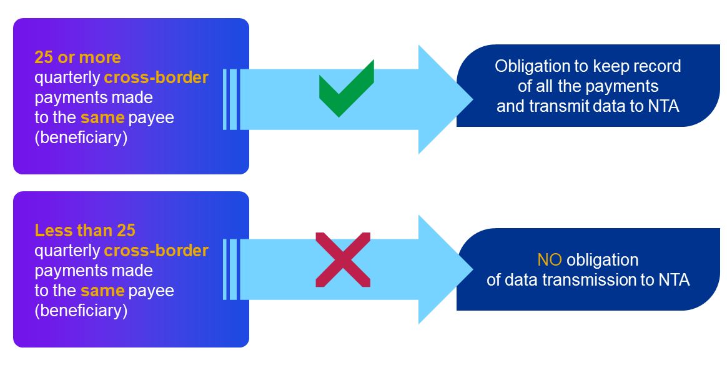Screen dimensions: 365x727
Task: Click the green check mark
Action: pyautogui.click(x=345, y=89)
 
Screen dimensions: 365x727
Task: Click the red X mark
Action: pyautogui.click(x=343, y=259)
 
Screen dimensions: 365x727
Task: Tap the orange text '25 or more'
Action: pyautogui.click(x=77, y=57)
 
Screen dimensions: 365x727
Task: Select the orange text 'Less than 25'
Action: pyautogui.click(x=85, y=230)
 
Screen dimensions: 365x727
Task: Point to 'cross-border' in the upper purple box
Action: pyautogui.click(x=156, y=77)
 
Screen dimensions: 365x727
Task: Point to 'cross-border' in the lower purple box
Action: pyautogui.click(x=156, y=251)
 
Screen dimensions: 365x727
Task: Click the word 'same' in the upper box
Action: pyautogui.click(x=102, y=117)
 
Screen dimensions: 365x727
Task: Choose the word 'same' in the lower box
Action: pyautogui.click(x=102, y=291)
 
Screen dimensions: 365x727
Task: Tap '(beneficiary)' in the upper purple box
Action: pyautogui.click(x=81, y=137)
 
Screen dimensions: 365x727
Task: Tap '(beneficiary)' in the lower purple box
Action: pyautogui.click(x=81, y=311)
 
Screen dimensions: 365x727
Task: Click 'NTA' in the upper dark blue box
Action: pyautogui.click(x=663, y=106)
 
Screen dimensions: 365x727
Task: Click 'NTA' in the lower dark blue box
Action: pyautogui.click(x=674, y=279)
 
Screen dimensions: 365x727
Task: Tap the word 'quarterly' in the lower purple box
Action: pyautogui.click(x=67, y=251)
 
